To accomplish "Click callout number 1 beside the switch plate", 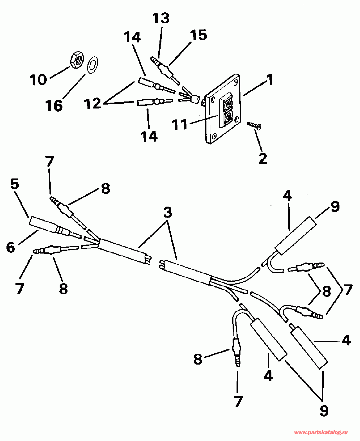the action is point(270,80).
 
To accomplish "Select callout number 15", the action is point(199,35).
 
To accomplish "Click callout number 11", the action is point(180,125).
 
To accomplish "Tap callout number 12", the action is point(93,103).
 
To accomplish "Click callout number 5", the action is point(15,184).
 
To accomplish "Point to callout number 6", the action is point(11,247).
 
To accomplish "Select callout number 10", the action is point(38,80).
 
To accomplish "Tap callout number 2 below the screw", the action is point(263,159).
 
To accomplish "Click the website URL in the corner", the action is point(321,432).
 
